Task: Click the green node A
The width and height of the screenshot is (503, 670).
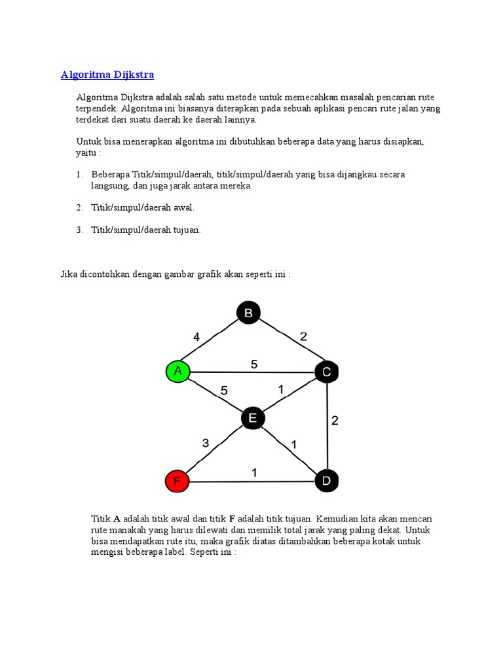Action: pyautogui.click(x=177, y=372)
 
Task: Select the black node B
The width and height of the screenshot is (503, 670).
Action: pyautogui.click(x=248, y=313)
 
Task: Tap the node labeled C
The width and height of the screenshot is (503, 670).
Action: pyautogui.click(x=326, y=372)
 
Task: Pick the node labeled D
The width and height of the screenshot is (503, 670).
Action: pyautogui.click(x=326, y=482)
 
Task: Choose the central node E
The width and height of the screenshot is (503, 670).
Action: pyautogui.click(x=253, y=418)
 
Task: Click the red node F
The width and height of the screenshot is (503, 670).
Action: pyautogui.click(x=177, y=482)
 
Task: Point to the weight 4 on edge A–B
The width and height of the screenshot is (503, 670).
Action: pyautogui.click(x=196, y=338)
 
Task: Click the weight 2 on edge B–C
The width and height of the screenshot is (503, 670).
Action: pyautogui.click(x=303, y=337)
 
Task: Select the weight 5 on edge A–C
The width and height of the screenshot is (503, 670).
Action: pyautogui.click(x=254, y=364)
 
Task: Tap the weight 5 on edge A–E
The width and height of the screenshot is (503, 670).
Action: pyautogui.click(x=224, y=391)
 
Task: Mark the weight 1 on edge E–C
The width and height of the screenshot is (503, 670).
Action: pyautogui.click(x=280, y=389)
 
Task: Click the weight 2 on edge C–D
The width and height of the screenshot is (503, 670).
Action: pyautogui.click(x=335, y=421)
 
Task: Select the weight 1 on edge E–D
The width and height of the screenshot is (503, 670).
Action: pyautogui.click(x=294, y=444)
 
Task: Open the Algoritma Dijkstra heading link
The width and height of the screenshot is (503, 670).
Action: pyautogui.click(x=107, y=75)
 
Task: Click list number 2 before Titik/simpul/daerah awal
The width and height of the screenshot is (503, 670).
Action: pyautogui.click(x=79, y=207)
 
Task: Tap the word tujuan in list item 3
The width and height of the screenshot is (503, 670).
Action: pyautogui.click(x=186, y=230)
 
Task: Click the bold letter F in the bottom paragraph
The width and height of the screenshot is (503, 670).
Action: pyautogui.click(x=232, y=519)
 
